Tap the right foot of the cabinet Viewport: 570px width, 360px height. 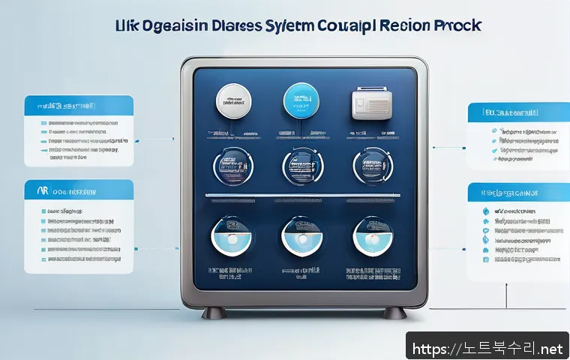392,312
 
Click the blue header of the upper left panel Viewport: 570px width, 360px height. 79,106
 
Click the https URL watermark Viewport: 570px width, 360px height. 487,349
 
